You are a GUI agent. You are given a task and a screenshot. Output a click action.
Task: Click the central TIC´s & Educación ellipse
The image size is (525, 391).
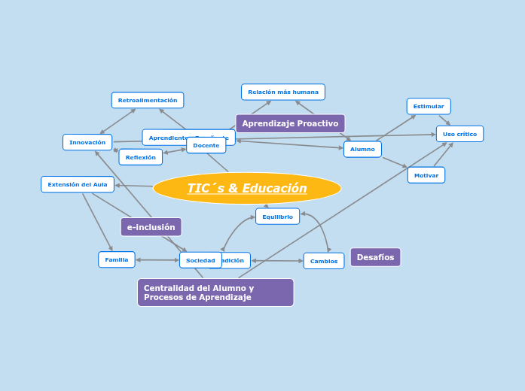click(x=246, y=188)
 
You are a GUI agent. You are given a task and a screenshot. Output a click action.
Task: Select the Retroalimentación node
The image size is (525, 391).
click(x=148, y=100)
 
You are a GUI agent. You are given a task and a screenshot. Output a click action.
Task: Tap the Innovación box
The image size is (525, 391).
click(x=87, y=142)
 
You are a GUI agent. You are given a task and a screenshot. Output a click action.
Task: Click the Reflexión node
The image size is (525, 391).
click(x=140, y=157)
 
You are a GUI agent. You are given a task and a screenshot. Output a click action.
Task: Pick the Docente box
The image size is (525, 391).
click(x=206, y=146)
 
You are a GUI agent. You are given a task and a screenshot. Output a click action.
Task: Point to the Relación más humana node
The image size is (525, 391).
click(x=283, y=92)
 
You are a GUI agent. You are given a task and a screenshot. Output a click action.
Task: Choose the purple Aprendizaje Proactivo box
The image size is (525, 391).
click(x=290, y=123)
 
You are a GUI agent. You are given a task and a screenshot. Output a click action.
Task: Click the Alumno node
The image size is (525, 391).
click(x=362, y=149)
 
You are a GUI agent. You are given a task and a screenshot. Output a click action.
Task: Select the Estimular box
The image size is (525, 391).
click(x=429, y=106)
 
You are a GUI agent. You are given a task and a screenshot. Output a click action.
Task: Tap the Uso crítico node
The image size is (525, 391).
click(x=459, y=134)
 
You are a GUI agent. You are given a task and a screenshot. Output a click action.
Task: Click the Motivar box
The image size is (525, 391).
click(x=426, y=175)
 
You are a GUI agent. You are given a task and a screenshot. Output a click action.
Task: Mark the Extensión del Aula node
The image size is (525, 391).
click(x=78, y=184)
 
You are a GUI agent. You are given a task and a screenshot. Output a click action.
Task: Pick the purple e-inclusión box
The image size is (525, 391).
click(x=151, y=227)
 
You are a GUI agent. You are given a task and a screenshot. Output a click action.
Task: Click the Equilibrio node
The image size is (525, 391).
click(x=277, y=217)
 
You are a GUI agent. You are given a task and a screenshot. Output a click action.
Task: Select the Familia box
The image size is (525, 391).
click(x=117, y=259)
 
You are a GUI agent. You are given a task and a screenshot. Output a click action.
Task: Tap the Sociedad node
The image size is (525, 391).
click(x=200, y=260)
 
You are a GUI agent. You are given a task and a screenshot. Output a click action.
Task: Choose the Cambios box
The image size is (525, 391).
click(x=324, y=261)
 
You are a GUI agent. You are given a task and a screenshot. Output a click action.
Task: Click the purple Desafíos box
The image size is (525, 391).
click(x=375, y=257)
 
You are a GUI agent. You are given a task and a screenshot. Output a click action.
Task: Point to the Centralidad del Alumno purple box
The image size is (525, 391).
click(x=215, y=292)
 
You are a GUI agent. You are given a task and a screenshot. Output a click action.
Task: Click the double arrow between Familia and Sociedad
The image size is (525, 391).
click(x=157, y=260)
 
